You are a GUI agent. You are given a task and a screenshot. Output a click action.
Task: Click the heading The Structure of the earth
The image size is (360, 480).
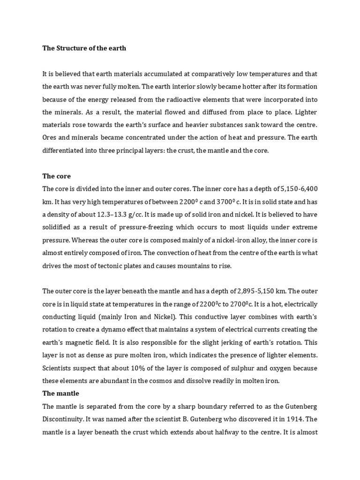tap(84, 48)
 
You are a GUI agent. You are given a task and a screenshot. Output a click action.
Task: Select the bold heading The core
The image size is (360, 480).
tap(57, 176)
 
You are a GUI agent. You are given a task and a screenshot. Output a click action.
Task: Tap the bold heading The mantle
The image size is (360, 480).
tap(61, 393)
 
